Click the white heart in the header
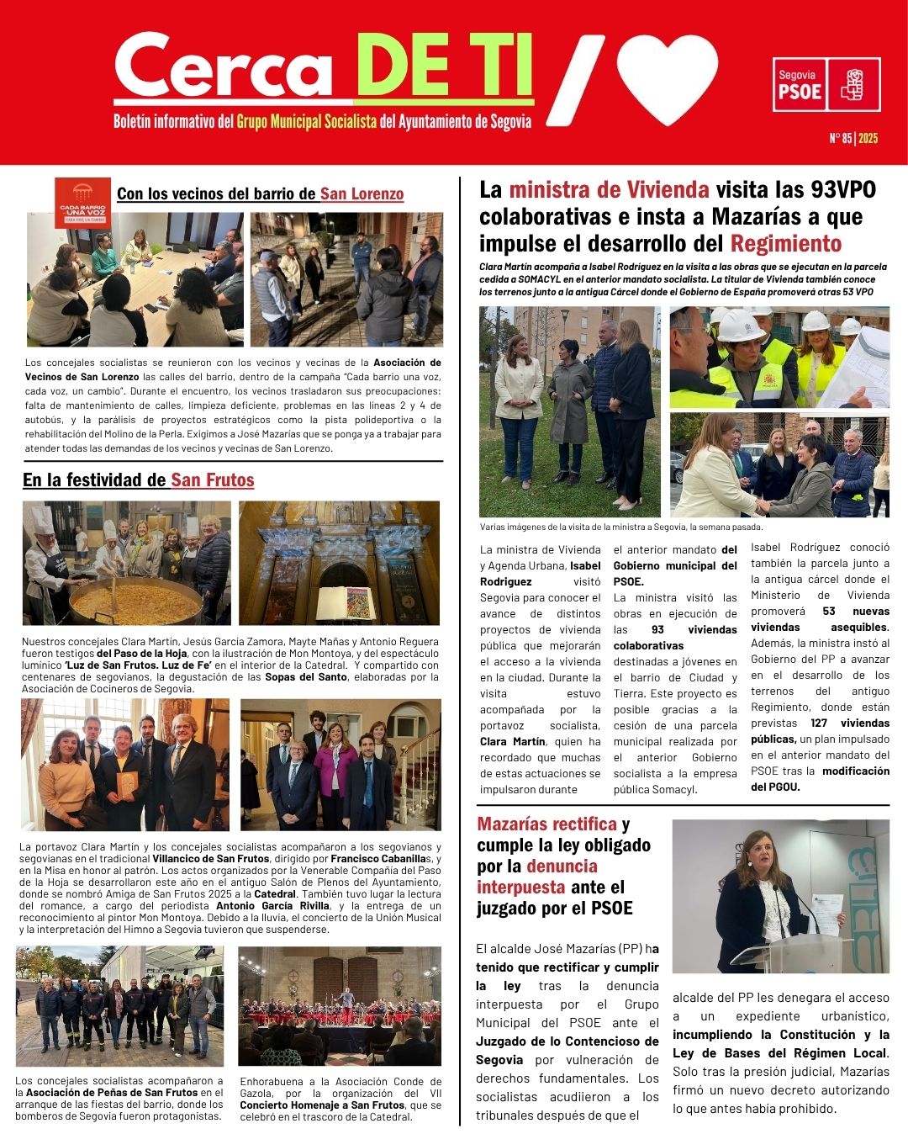667,80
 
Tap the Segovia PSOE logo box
826,84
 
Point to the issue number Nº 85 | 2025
853,138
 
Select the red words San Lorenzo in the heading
362,194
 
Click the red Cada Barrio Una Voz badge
82,203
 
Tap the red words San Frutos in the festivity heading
212,480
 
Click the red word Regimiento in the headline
785,244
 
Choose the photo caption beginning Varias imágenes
620,527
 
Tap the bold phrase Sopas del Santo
305,676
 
